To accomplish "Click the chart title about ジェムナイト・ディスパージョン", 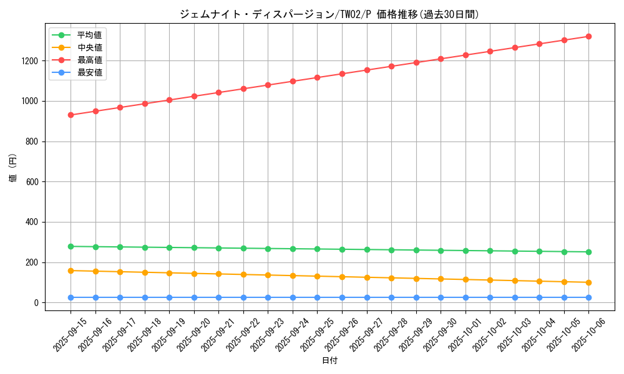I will pos(329,14).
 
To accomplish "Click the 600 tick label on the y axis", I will pos(31,182).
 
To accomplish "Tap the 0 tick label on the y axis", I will pos(36,303).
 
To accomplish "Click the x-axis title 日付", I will pos(329,361).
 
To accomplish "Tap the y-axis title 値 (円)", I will pos(12,168).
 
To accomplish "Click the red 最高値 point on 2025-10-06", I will pos(588,36).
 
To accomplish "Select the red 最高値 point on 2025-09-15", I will pos(71,115).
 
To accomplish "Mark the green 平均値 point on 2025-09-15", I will pos(71,246).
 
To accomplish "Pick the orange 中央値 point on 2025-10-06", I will pos(588,282).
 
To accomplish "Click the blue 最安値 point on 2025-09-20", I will pos(194,297).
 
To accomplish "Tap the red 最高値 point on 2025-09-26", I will pos(342,74).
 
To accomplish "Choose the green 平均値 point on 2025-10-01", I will pos(466,251).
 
